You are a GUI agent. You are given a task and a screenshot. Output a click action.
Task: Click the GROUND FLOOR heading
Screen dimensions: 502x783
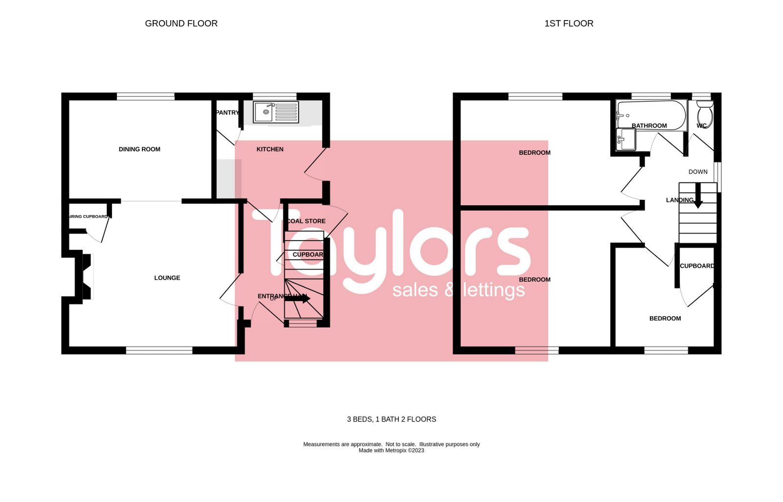point(181,23)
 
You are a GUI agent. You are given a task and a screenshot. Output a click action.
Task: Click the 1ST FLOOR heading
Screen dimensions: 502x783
point(569,23)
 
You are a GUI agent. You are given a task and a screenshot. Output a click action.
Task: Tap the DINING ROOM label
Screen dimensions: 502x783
point(139,149)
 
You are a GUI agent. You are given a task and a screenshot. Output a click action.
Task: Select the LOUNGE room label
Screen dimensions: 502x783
point(167,278)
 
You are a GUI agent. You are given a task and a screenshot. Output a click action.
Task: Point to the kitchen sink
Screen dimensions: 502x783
point(264,112)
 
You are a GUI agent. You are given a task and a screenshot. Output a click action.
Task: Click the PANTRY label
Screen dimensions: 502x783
point(227,112)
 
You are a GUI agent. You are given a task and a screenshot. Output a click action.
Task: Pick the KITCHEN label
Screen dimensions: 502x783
point(270,149)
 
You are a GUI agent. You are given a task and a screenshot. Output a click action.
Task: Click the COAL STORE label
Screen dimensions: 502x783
point(306,221)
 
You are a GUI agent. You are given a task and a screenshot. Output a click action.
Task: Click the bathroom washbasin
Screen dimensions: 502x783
point(626,139)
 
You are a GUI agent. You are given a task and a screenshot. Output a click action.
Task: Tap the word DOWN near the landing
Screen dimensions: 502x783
point(698,172)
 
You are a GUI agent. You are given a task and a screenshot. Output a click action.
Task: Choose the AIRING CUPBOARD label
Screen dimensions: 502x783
point(89,217)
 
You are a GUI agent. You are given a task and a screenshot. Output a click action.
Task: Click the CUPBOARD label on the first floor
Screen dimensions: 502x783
point(697,266)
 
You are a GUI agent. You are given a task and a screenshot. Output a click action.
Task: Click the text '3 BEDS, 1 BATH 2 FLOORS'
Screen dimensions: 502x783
point(391,419)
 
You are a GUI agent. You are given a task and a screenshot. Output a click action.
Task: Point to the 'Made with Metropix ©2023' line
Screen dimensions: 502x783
point(391,451)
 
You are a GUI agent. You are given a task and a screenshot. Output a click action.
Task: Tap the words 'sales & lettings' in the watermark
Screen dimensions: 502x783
point(459,290)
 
